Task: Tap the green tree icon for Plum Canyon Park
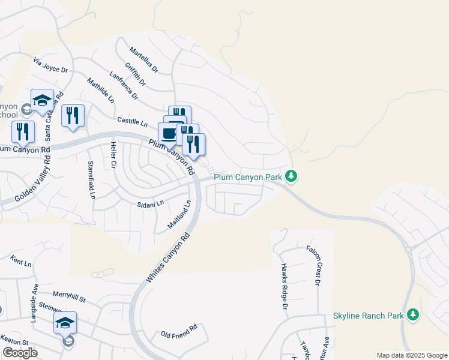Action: click(291, 176)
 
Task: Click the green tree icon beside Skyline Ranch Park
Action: click(412, 314)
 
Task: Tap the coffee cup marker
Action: click(168, 133)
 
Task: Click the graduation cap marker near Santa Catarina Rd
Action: click(42, 101)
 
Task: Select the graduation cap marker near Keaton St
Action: click(65, 323)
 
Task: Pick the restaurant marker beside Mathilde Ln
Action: click(73, 115)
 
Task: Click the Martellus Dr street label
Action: click(143, 61)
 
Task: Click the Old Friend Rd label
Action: click(179, 331)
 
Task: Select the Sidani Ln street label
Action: click(151, 204)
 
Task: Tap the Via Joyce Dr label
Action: click(50, 65)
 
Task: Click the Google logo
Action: click(20, 353)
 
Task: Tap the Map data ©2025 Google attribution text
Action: click(411, 355)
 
